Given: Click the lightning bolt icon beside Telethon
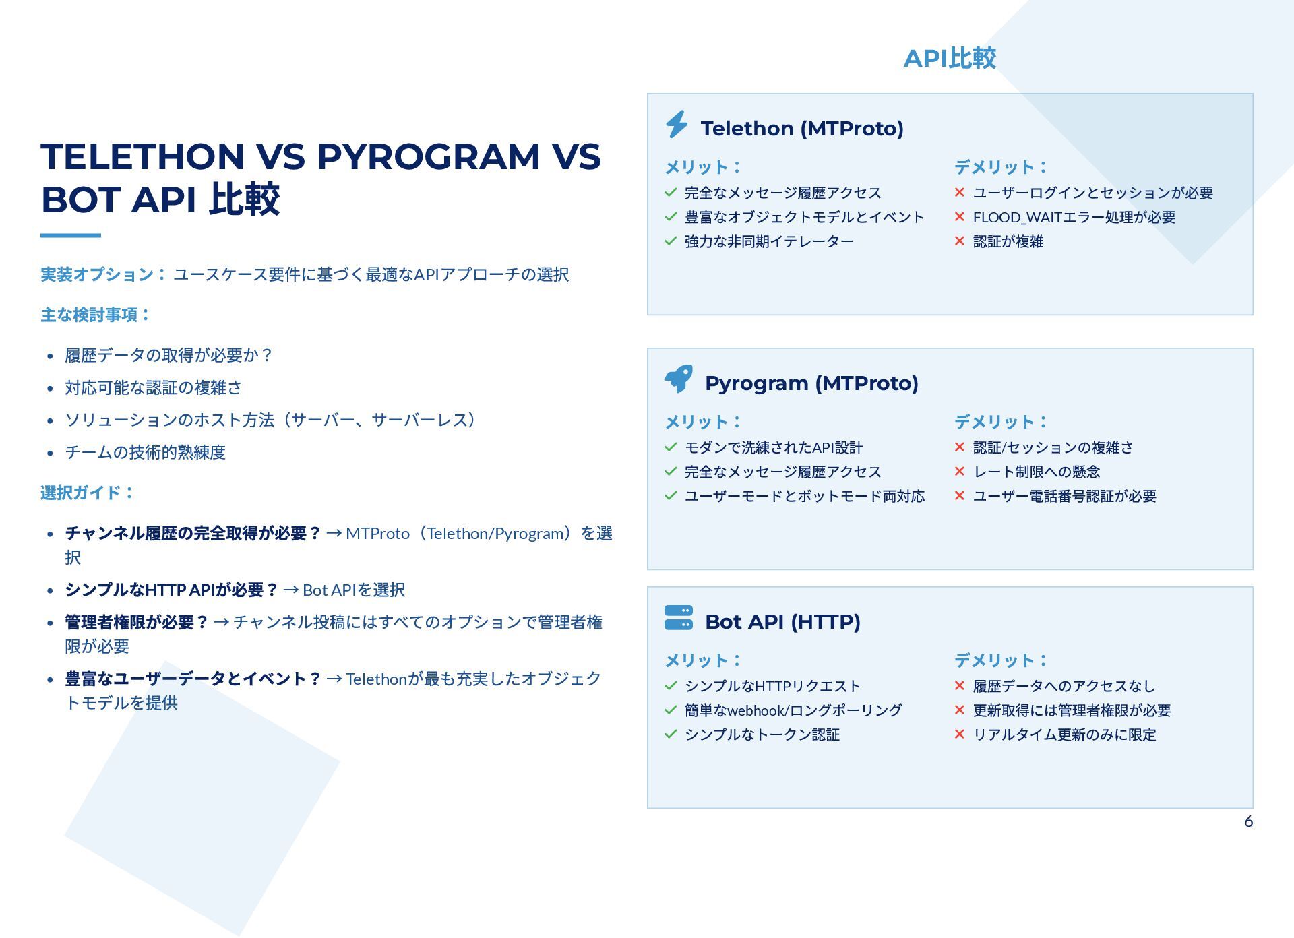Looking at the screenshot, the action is click(x=677, y=125).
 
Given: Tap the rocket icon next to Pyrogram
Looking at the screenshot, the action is click(x=679, y=379).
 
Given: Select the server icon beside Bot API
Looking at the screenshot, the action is click(x=678, y=618).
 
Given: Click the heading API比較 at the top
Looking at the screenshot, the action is click(x=950, y=58).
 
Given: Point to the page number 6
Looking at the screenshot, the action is click(x=1248, y=821).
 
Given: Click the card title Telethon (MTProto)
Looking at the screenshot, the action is click(x=802, y=128).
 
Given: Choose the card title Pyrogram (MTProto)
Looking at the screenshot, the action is click(x=811, y=383).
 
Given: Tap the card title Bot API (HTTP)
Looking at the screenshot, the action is click(x=782, y=621).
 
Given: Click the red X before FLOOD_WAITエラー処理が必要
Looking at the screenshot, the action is click(x=960, y=217).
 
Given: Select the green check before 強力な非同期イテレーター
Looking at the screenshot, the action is click(x=670, y=241).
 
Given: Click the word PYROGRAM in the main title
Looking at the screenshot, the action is click(x=428, y=156).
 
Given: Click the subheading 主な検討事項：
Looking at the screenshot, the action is click(x=96, y=315).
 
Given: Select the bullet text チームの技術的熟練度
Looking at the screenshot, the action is click(x=145, y=452).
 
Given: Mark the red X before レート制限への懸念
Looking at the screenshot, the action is click(x=960, y=472).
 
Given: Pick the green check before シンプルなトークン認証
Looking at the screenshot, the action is click(x=670, y=734).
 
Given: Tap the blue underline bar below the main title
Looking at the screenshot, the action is click(x=71, y=235).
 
